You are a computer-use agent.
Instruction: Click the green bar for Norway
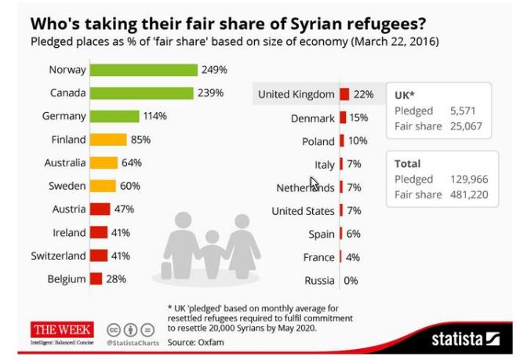coord(143,70)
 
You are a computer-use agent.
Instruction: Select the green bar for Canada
coord(140,93)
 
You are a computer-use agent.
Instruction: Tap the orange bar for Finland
coord(107,140)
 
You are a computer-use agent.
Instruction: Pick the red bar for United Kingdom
coord(344,95)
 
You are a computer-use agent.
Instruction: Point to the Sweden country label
coord(66,187)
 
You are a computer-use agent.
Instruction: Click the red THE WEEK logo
coord(62,329)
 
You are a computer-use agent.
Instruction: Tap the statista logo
coord(465,338)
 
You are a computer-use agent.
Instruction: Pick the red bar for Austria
coord(100,209)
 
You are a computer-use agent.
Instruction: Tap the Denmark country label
coord(312,118)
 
